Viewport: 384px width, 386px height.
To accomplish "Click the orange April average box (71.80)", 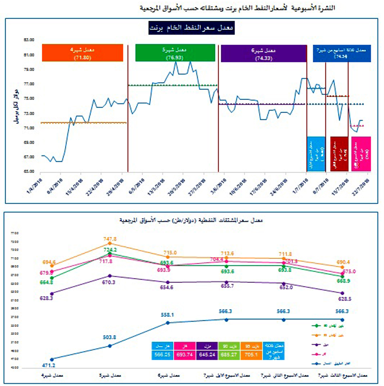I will pos(83,53).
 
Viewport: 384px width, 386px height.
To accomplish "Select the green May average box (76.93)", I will pos(175,53).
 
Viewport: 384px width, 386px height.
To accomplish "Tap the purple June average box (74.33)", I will pos(264,54).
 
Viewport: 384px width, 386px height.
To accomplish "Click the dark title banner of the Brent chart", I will pos(191,28).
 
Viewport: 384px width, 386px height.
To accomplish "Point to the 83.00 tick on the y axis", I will pos(29,40).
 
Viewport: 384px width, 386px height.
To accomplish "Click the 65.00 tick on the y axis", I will pos(29,171).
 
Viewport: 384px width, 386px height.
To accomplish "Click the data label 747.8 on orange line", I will pos(110,239).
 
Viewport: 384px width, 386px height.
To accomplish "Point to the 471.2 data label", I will pos(49,365).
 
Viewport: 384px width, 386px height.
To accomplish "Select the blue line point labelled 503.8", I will pos(110,346).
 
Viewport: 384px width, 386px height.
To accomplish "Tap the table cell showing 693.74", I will pos(185,354).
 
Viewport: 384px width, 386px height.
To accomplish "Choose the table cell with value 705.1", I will pos(251,354).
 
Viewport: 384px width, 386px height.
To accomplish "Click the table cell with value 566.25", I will pos(162,354).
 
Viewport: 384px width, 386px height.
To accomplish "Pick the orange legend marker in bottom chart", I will pos(316,335).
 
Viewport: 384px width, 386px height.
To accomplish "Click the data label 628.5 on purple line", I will pos(345,299).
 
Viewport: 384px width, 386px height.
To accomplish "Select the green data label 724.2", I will pos(110,250).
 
